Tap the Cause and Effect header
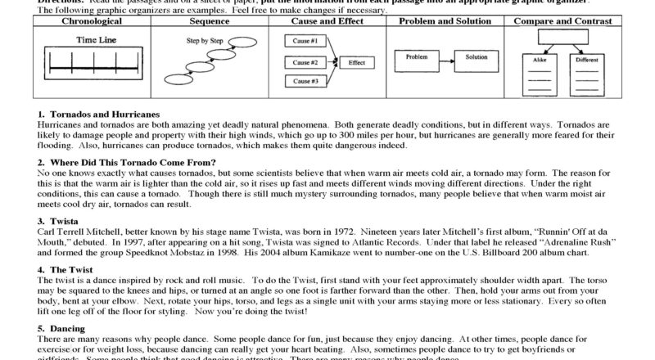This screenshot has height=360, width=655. [327, 21]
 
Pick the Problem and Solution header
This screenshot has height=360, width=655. [443, 21]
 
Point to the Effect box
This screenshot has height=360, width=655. [357, 61]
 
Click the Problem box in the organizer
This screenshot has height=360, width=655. [416, 58]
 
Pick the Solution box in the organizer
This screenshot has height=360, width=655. [477, 58]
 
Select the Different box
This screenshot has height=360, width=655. [586, 61]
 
